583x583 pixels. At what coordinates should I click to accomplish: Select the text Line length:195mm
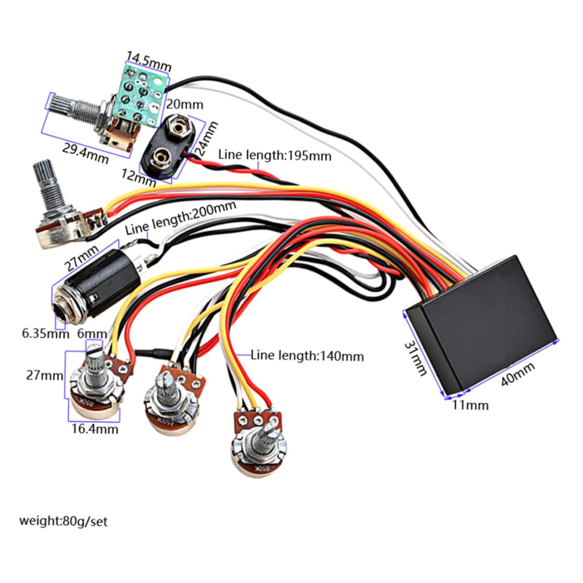[x=275, y=155]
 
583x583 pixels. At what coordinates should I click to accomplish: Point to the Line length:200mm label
[x=181, y=217]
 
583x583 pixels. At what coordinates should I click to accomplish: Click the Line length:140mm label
[x=307, y=356]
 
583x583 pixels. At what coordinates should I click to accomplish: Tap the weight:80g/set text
[x=63, y=520]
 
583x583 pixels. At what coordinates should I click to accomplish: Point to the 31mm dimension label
[x=415, y=358]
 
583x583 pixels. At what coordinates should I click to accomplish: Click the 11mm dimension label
[x=470, y=405]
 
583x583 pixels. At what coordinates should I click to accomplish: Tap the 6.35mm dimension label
[x=45, y=333]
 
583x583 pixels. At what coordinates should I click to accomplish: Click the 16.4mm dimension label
[x=95, y=429]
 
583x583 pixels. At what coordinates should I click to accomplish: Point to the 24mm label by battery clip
[x=206, y=138]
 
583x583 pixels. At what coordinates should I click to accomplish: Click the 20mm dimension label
[x=184, y=104]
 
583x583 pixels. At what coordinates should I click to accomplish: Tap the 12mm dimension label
[x=138, y=178]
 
